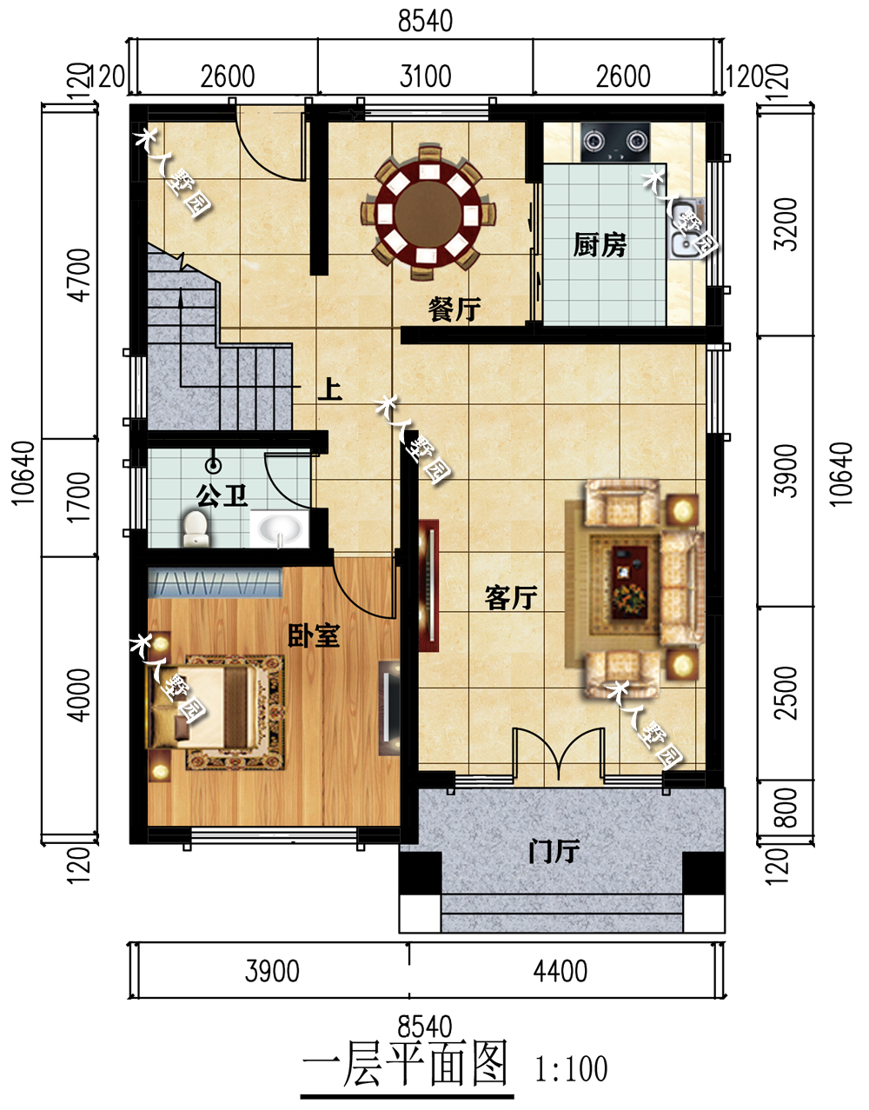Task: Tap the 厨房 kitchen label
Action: (600, 245)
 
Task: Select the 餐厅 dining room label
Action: (454, 309)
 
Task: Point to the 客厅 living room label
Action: (511, 598)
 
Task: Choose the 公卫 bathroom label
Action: (222, 495)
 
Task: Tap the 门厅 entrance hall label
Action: (554, 851)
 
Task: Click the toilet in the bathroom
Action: (196, 528)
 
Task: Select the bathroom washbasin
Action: (279, 529)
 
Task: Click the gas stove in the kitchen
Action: (615, 142)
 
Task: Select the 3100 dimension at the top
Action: (425, 76)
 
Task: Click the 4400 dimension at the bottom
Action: (561, 971)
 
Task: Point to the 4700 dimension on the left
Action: (79, 276)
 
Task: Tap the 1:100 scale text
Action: (571, 1068)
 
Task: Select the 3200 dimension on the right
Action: (786, 224)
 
